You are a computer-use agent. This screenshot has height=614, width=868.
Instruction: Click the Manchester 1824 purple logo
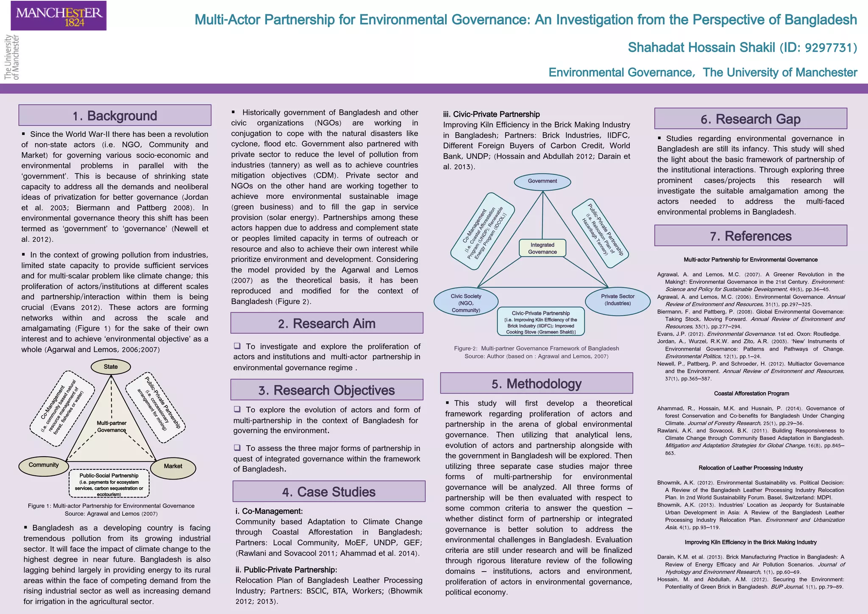click(x=58, y=16)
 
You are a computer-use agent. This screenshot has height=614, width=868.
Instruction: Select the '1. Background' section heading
click(x=115, y=115)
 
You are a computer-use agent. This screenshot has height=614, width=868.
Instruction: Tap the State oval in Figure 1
click(x=111, y=367)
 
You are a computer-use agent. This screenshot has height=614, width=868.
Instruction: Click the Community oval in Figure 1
click(x=44, y=465)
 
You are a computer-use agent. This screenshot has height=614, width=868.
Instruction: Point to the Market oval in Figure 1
click(x=173, y=466)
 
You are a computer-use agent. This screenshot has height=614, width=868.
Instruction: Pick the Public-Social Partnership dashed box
click(x=109, y=483)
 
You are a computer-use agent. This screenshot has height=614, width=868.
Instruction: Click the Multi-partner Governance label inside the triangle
click(x=111, y=427)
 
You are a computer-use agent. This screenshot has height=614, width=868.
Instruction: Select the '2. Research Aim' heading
click(x=327, y=324)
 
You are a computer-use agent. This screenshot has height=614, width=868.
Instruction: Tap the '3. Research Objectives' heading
click(x=327, y=390)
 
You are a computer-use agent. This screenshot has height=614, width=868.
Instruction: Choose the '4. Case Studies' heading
click(x=329, y=492)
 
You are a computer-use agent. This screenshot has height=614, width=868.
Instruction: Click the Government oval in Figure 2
click(x=542, y=181)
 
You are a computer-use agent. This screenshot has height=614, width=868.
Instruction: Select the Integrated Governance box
click(x=542, y=248)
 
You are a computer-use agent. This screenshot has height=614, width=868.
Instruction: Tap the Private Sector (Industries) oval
click(x=618, y=300)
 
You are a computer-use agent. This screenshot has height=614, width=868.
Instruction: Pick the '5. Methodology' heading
click(x=537, y=384)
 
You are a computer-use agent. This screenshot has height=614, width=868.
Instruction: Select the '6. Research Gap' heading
click(x=751, y=119)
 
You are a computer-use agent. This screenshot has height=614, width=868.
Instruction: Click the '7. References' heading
click(x=751, y=236)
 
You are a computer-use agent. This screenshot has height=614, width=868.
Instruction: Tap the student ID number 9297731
click(x=829, y=48)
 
